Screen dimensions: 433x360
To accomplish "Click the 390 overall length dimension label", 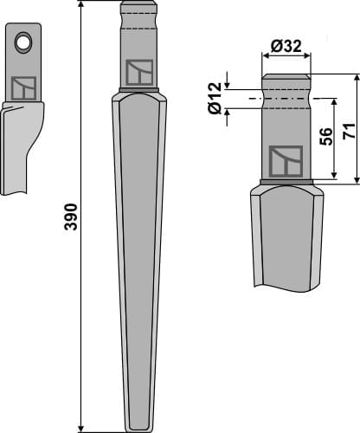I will tap(71, 216).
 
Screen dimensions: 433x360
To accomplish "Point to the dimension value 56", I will tap(326, 136).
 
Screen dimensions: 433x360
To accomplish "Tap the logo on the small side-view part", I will tap(23, 87).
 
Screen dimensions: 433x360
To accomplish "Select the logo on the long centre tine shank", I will tap(139, 72).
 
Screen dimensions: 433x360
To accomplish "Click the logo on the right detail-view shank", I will tap(286, 161).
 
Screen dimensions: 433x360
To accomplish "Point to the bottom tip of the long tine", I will tap(138, 428).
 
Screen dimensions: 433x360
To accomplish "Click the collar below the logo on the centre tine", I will tap(139, 89).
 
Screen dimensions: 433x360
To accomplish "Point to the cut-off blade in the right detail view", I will tap(286, 238).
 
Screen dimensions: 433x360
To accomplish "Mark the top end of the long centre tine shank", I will tap(139, 4).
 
